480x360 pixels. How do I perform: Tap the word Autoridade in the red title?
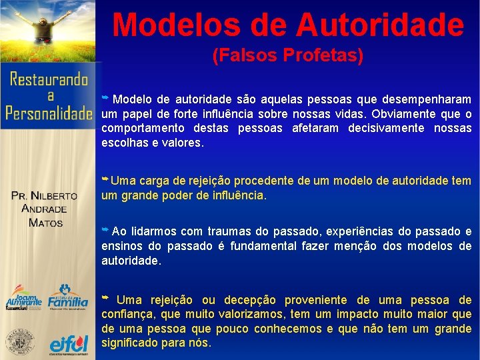[379, 25]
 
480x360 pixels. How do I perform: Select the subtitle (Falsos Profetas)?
[287, 56]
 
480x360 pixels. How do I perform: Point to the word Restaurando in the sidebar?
[49, 80]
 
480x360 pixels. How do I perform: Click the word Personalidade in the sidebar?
[49, 113]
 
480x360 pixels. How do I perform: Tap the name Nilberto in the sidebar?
[54, 196]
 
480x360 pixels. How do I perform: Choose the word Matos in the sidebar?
[45, 223]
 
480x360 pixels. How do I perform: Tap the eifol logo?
[69, 344]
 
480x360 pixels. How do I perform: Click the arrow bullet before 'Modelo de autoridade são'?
[105, 97]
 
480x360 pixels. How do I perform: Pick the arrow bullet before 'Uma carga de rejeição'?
[105, 180]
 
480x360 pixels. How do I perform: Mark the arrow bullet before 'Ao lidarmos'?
[105, 230]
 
